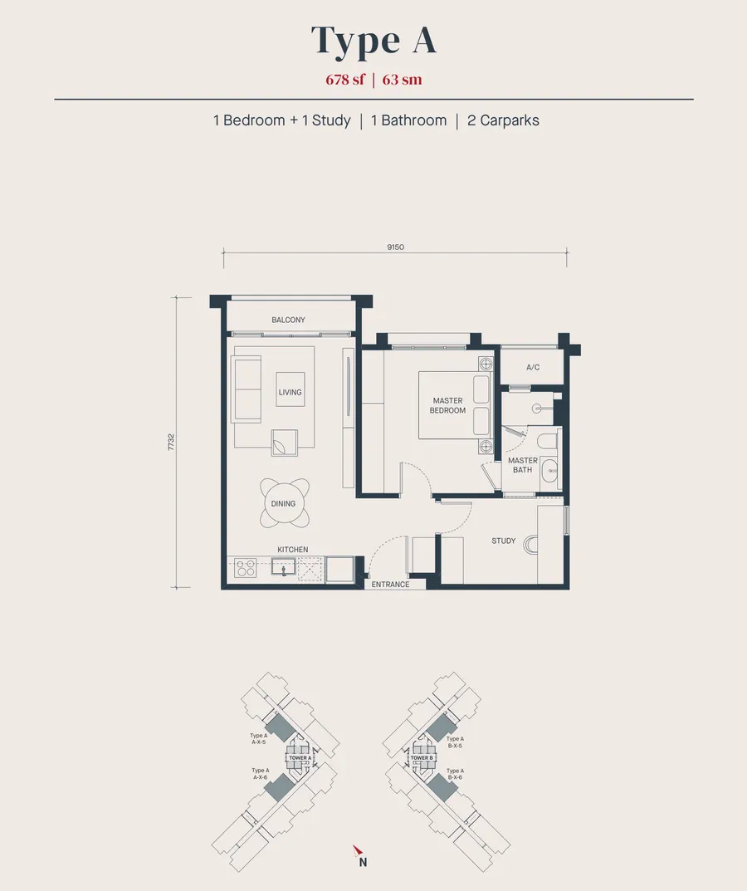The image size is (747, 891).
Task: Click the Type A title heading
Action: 373,41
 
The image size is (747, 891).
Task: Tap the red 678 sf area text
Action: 344,79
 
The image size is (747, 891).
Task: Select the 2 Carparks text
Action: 503,120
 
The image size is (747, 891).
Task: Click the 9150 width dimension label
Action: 395,247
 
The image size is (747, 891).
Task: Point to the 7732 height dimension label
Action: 171,442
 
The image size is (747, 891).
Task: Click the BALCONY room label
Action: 288,320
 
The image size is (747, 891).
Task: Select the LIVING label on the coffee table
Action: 290,392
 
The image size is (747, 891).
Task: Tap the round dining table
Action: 283,503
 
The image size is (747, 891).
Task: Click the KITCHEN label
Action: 292,550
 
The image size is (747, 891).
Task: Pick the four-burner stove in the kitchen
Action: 246,568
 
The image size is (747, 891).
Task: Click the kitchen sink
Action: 283,568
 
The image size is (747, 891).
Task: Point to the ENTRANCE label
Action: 390,584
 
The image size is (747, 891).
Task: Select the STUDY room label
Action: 503,541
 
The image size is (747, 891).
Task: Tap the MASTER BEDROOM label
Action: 447,405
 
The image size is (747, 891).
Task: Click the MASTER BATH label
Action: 523,465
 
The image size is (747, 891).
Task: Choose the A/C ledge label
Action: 533,367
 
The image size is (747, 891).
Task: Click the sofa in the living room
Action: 246,389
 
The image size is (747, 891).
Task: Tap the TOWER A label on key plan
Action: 300,758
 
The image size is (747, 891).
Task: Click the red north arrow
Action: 357,850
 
